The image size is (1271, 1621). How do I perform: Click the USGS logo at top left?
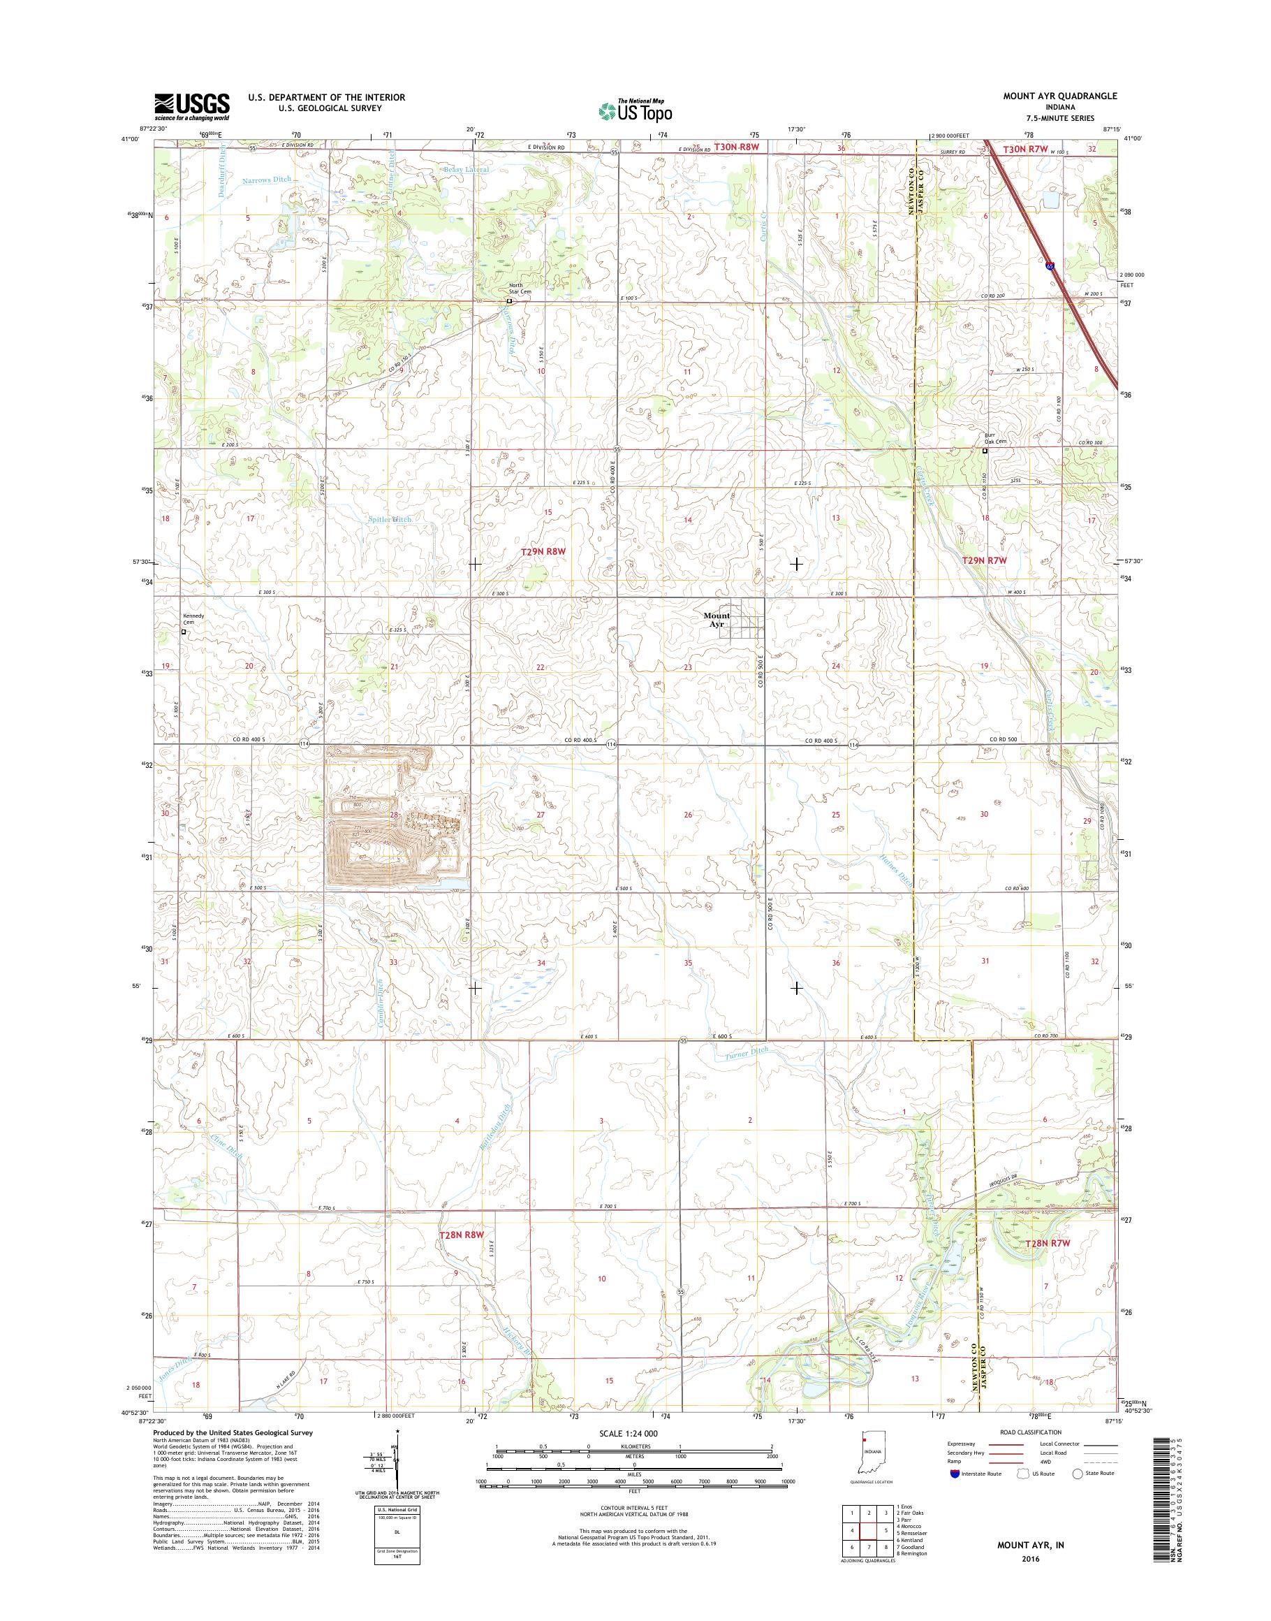tap(191, 106)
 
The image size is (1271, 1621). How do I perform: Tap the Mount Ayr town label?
tap(717, 620)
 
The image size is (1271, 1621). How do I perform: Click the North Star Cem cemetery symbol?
tap(509, 302)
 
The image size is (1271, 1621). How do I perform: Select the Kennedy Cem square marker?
tap(184, 632)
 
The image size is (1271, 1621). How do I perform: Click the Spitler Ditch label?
tap(390, 519)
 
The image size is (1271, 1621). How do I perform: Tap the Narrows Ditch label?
tap(265, 180)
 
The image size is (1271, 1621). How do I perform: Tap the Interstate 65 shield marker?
tap(1049, 265)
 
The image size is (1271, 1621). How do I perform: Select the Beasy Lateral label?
tap(466, 170)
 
